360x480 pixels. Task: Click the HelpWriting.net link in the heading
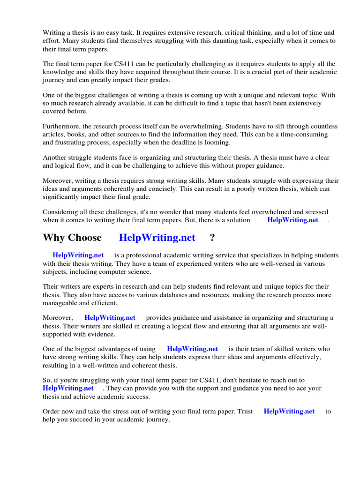pyautogui.click(x=157, y=238)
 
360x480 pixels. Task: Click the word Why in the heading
pyautogui.click(x=53, y=238)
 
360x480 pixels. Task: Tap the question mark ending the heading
pyautogui.click(x=212, y=238)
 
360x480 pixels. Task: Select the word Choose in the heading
pyautogui.click(x=85, y=238)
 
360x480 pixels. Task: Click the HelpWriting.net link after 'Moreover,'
pyautogui.click(x=110, y=318)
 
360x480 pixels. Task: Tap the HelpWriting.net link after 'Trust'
pyautogui.click(x=289, y=412)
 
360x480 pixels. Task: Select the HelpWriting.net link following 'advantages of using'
pyautogui.click(x=192, y=349)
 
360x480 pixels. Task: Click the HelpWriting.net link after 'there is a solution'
pyautogui.click(x=292, y=220)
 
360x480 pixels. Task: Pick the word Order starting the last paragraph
pyautogui.click(x=52, y=412)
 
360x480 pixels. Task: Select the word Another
pyautogui.click(x=55, y=158)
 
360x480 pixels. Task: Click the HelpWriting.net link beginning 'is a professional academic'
pyautogui.click(x=78, y=255)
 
